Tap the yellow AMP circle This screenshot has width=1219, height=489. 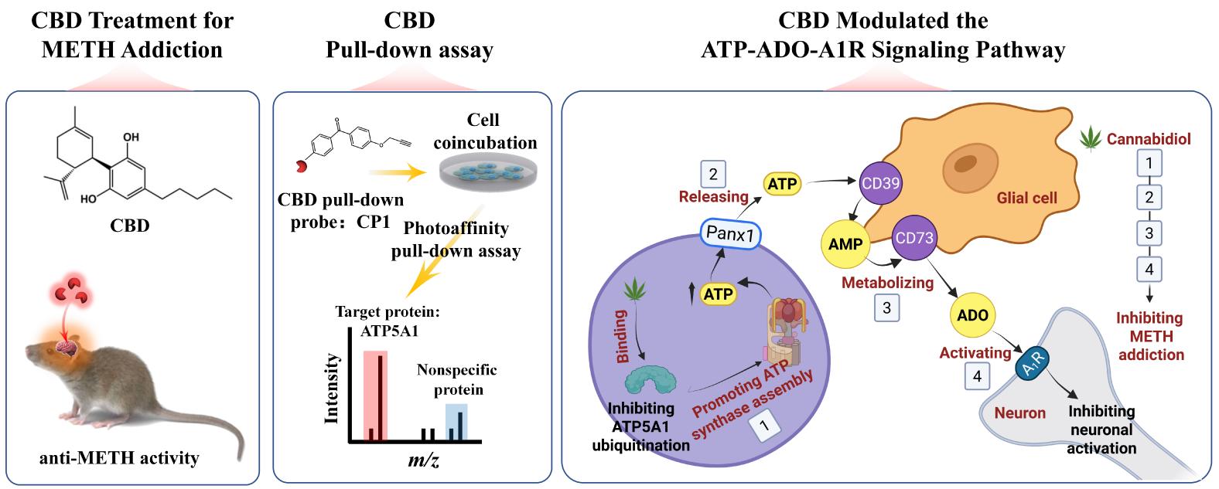pos(842,244)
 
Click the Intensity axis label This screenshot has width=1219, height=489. pos(333,389)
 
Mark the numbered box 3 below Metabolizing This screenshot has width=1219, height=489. pos(887,307)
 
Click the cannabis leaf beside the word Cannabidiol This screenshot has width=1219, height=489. pos(1091,141)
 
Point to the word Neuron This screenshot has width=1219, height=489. pos(1019,413)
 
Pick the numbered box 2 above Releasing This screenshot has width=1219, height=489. pos(713,174)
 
